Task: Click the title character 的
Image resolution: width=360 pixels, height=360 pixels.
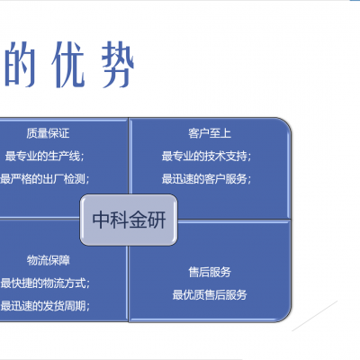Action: coord(21,64)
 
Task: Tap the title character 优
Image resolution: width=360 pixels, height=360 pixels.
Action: coord(67,64)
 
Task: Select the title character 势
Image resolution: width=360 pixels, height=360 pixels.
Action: coord(117,64)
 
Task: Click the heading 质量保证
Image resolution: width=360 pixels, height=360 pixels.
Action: coord(48,133)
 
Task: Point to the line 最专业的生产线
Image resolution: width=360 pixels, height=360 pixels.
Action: coord(44,157)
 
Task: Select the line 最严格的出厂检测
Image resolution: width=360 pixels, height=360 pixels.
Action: coord(45,179)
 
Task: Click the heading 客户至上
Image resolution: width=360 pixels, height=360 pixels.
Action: coord(210,133)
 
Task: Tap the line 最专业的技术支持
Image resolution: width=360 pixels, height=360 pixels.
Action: coord(206,157)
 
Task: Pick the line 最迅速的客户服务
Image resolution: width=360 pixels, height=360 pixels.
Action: coord(206,179)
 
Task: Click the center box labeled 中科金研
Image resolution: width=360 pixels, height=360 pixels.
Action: coord(129,220)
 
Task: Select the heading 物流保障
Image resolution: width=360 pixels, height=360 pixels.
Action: coord(49,260)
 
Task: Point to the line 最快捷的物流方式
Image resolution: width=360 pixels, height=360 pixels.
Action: coord(45,283)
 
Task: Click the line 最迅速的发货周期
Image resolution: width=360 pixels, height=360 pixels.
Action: coord(45,306)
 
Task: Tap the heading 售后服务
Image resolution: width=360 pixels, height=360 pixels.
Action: coord(210,272)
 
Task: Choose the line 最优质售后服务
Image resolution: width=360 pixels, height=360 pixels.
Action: coord(210,295)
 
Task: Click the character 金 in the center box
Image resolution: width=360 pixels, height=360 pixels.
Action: coord(139,220)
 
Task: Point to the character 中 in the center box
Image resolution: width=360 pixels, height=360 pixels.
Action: coord(101,220)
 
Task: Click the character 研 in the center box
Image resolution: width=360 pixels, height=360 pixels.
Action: coord(157,220)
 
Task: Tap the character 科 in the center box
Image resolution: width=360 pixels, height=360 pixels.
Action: coord(120,220)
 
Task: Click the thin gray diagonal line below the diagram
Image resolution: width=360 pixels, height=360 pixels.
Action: coord(315,316)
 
